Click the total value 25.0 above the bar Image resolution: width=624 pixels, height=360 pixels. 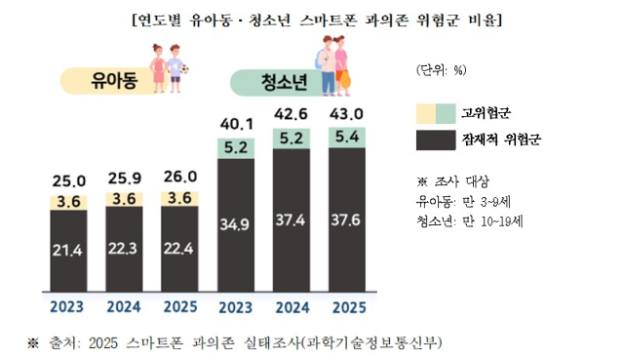pyautogui.click(x=69, y=181)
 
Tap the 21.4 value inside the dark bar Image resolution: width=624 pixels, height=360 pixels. pyautogui.click(x=67, y=250)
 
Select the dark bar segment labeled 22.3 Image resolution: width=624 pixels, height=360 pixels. pyautogui.click(x=124, y=250)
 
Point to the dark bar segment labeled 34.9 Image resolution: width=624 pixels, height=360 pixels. pyautogui.click(x=236, y=225)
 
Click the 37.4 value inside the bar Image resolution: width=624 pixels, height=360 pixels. pyautogui.click(x=291, y=220)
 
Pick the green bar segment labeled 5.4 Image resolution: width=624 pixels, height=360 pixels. pyautogui.click(x=347, y=138)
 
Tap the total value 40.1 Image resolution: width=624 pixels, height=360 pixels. pyautogui.click(x=237, y=124)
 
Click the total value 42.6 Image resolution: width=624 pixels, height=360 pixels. pyautogui.click(x=291, y=114)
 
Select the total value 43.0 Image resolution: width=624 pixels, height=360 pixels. pyautogui.click(x=346, y=114)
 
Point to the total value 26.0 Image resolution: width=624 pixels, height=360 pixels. pyautogui.click(x=180, y=177)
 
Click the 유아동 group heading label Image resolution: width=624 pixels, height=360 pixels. pyautogui.click(x=114, y=81)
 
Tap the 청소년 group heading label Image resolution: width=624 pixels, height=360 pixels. pyautogui.click(x=284, y=82)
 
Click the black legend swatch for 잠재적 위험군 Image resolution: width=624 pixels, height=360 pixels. pyautogui.click(x=436, y=140)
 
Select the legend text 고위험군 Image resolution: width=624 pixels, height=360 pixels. pyautogui.click(x=486, y=113)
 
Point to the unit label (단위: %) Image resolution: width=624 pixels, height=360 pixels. pyautogui.click(x=442, y=70)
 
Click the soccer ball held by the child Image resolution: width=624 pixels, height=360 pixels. pyautogui.click(x=184, y=69)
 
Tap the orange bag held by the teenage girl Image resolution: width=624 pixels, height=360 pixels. pyautogui.click(x=345, y=80)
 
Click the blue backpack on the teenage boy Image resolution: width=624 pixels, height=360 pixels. pyautogui.click(x=319, y=60)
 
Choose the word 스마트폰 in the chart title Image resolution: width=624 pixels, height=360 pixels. pyautogui.click(x=328, y=20)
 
